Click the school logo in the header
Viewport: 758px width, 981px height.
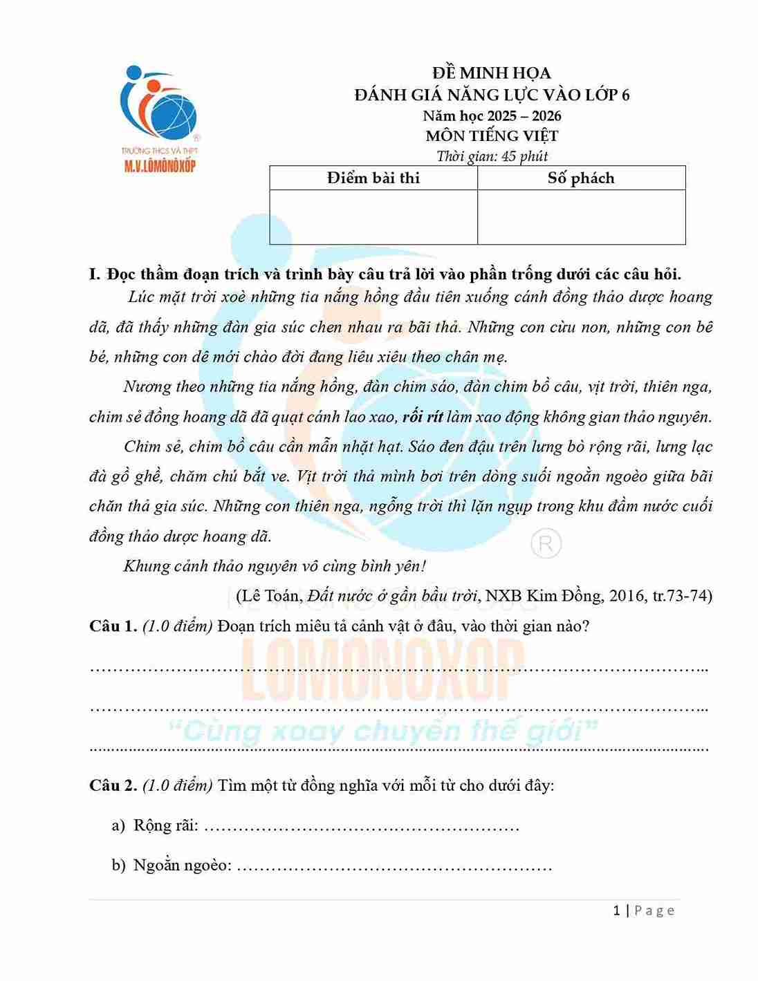pyautogui.click(x=159, y=118)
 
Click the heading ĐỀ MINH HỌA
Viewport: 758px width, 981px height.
pyautogui.click(x=491, y=73)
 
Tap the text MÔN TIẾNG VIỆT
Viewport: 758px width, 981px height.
pyautogui.click(x=492, y=136)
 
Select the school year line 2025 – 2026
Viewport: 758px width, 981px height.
pyautogui.click(x=492, y=115)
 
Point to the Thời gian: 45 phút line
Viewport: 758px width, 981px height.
pyautogui.click(x=492, y=156)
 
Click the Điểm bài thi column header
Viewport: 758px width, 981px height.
pyautogui.click(x=373, y=178)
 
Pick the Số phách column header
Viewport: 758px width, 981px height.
pyautogui.click(x=581, y=178)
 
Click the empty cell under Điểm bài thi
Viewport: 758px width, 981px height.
pyautogui.click(x=373, y=216)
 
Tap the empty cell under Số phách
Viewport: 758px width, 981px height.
pyautogui.click(x=581, y=216)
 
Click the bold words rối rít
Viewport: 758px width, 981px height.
pyautogui.click(x=422, y=417)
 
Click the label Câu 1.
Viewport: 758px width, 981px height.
pyautogui.click(x=113, y=626)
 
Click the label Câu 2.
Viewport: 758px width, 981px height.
pyautogui.click(x=113, y=785)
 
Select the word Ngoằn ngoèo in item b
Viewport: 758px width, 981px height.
pyautogui.click(x=182, y=865)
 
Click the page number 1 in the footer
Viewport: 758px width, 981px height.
pyautogui.click(x=616, y=910)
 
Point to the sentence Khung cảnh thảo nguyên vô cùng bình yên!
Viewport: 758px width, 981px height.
pyautogui.click(x=275, y=566)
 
